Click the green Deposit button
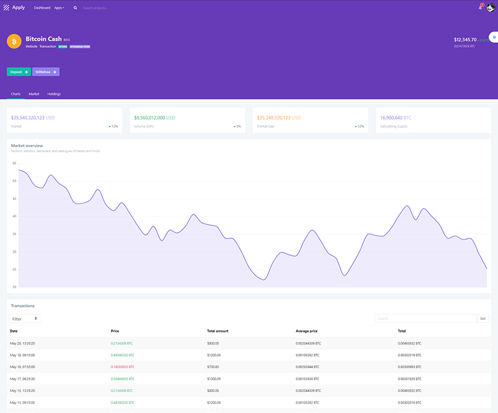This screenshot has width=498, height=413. (19, 72)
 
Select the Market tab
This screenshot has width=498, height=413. (34, 94)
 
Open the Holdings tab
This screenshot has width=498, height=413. (54, 94)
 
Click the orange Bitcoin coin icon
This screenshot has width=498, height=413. (14, 41)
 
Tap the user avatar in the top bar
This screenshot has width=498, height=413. (491, 7)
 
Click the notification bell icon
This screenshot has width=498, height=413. (480, 7)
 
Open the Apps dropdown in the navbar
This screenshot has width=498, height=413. (59, 8)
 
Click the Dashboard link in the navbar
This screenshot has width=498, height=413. (42, 8)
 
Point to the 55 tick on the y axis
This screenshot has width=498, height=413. (14, 163)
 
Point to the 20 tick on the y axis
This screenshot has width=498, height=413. (14, 287)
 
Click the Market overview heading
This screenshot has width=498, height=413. (27, 145)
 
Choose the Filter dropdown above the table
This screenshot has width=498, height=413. (25, 319)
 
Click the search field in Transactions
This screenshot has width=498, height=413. (425, 319)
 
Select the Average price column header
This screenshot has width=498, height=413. (307, 331)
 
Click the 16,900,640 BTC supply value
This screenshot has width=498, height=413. (396, 117)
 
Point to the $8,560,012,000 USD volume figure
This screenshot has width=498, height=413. (154, 117)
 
